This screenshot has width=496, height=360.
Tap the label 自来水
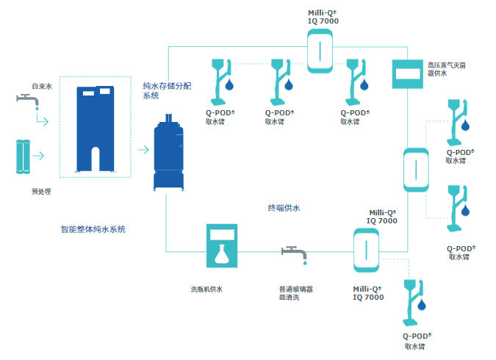coord(42,87)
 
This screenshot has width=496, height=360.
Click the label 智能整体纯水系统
coord(93,229)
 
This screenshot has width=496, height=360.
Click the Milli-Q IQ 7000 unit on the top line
coord(320,53)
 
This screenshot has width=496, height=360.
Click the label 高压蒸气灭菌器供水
coord(446,69)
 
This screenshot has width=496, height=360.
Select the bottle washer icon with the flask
coord(223,245)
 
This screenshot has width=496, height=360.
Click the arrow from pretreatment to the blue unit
coord(38,156)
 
